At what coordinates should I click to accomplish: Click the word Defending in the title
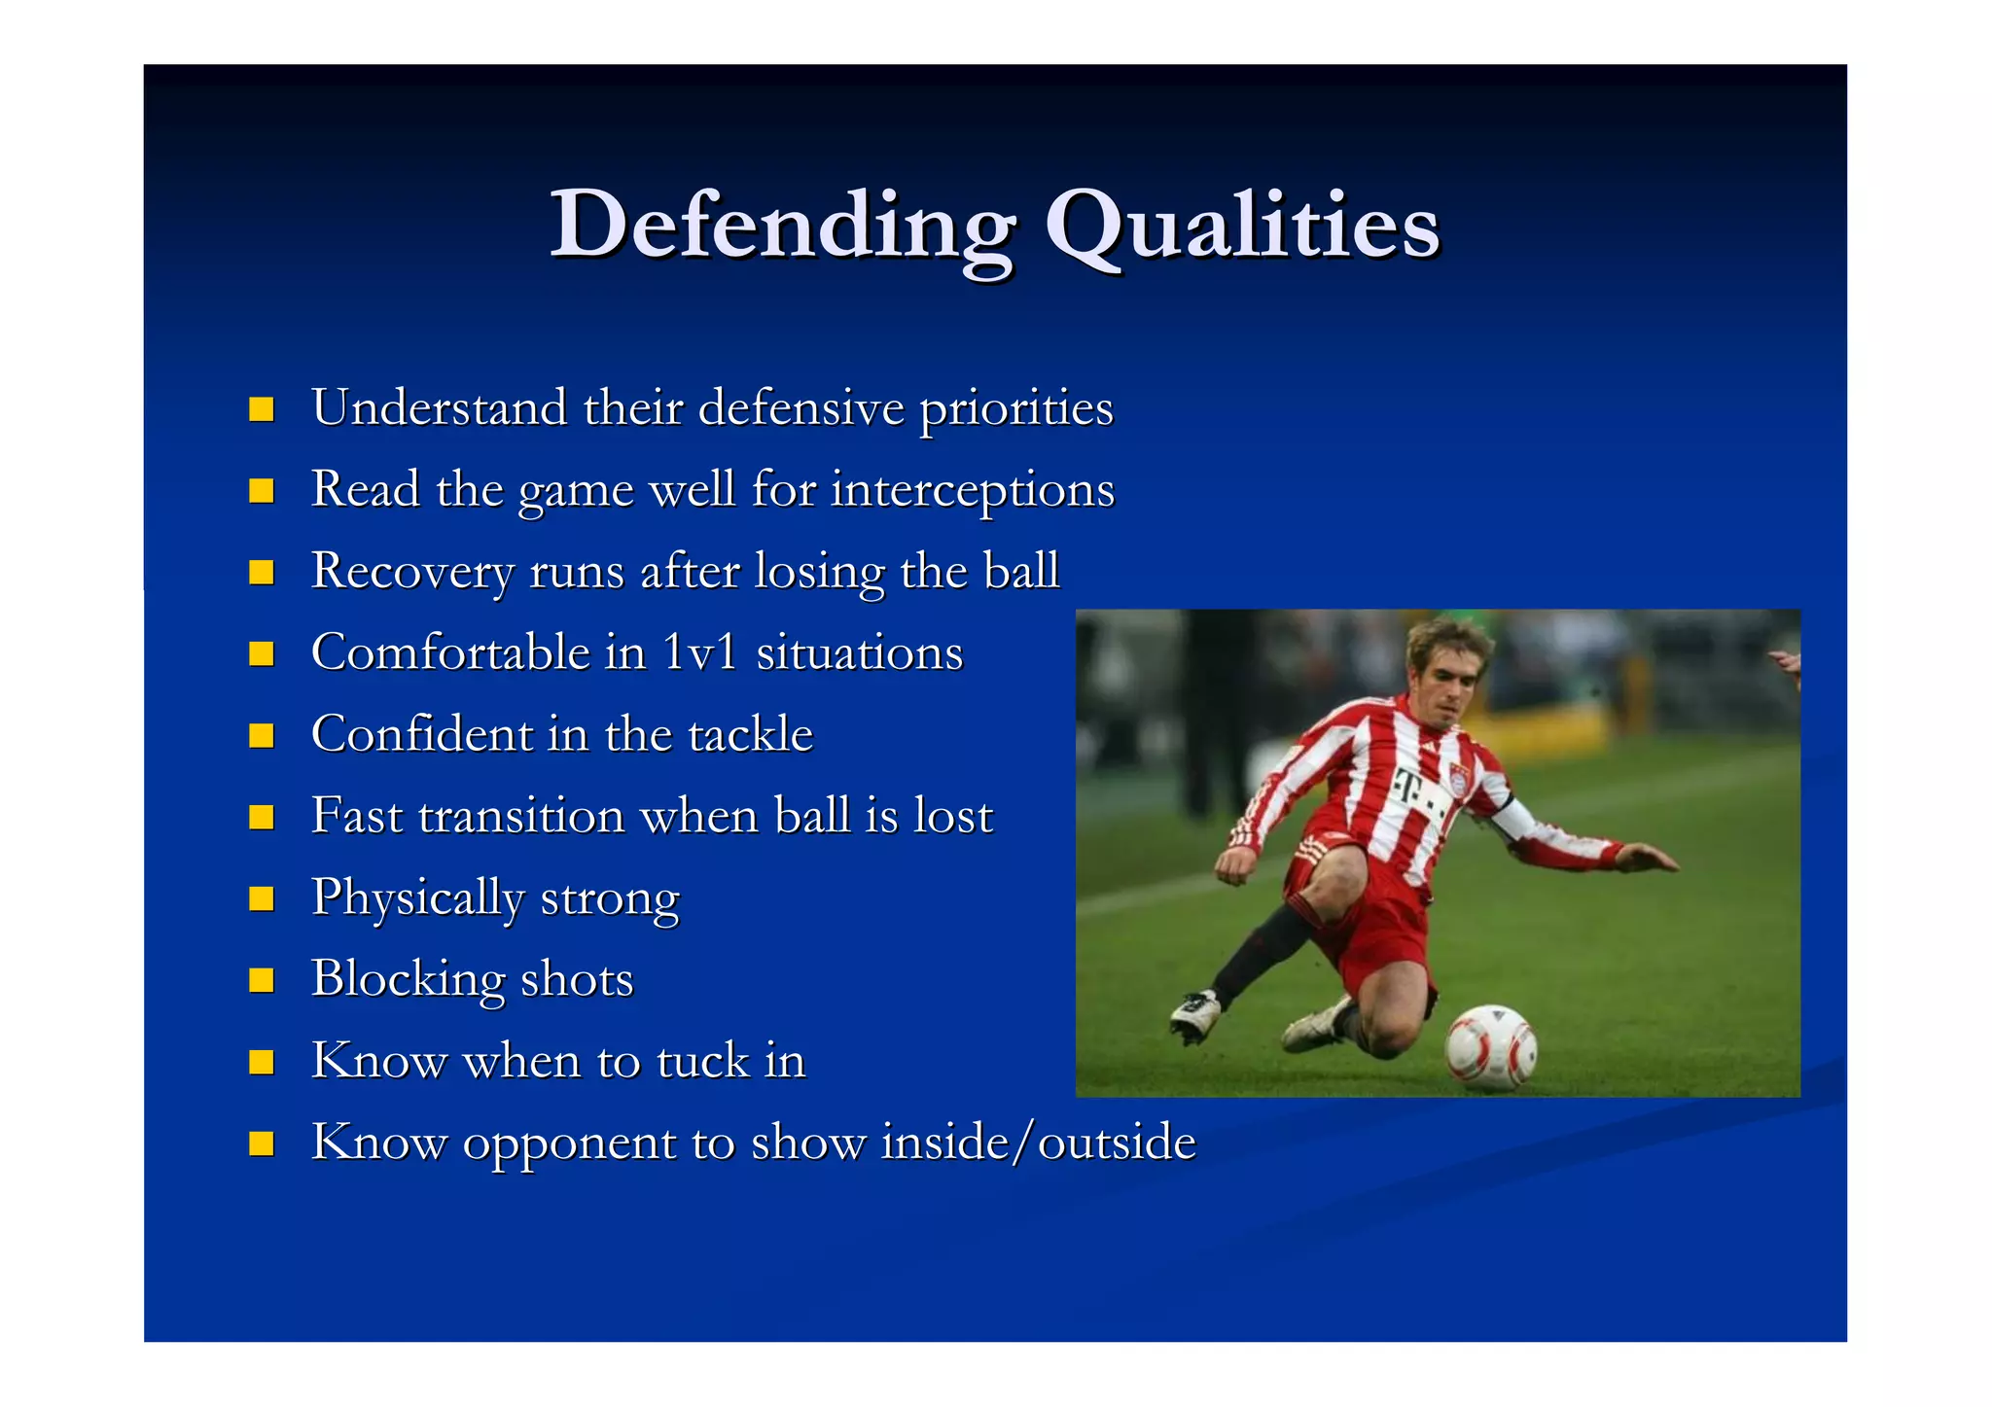[x=783, y=226]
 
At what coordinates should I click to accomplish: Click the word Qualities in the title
[x=1241, y=226]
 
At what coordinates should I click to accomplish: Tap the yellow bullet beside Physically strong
[x=261, y=897]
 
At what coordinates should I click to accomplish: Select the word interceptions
[x=972, y=489]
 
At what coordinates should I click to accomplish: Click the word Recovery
[x=411, y=571]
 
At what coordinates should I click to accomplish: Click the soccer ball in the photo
[x=1490, y=1048]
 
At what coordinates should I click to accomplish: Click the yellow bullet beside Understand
[x=261, y=408]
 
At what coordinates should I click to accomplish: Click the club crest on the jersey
[x=1458, y=776]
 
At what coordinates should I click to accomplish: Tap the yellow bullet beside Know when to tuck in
[x=261, y=1061]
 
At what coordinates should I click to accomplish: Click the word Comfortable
[x=449, y=652]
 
